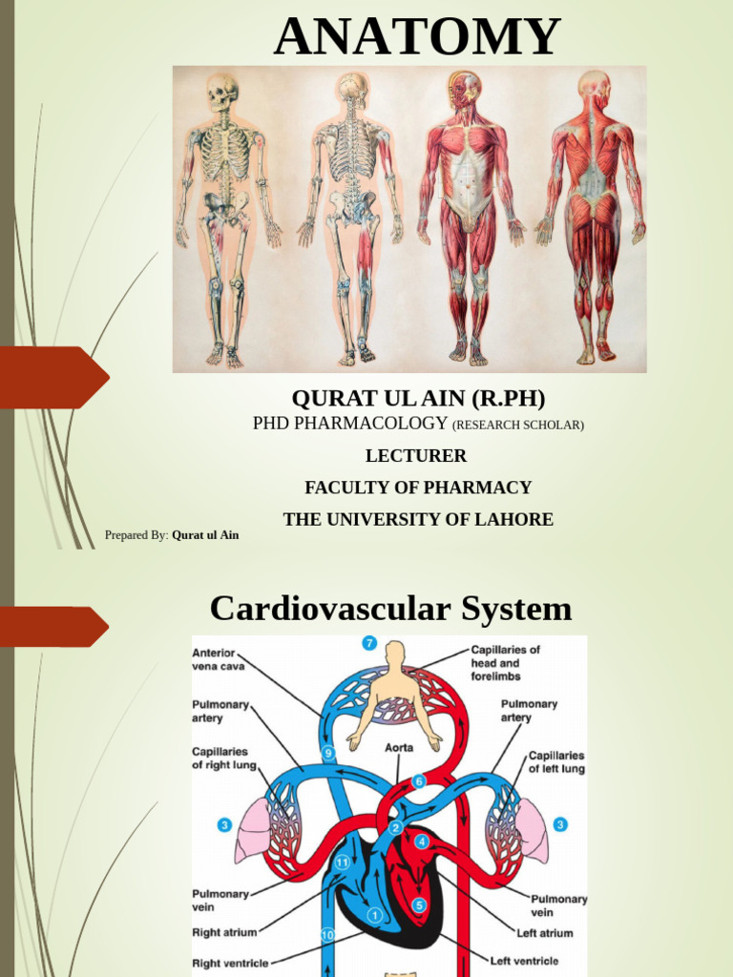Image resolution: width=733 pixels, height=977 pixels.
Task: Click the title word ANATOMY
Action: click(417, 37)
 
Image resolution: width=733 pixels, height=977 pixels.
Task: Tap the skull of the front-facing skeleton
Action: click(221, 92)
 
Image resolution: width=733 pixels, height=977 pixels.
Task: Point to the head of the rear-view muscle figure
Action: click(594, 87)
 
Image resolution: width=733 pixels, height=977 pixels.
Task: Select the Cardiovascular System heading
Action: click(390, 608)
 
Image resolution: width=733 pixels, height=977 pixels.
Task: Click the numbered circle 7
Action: click(369, 644)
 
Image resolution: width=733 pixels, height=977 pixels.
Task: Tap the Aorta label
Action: click(399, 748)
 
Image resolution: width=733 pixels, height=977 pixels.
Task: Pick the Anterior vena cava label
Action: click(214, 659)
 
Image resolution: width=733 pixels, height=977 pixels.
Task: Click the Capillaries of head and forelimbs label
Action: click(504, 663)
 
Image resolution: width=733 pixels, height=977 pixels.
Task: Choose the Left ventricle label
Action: click(524, 961)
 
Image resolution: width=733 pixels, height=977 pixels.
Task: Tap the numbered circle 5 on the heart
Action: click(419, 904)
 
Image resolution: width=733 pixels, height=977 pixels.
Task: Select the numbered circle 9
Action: click(328, 753)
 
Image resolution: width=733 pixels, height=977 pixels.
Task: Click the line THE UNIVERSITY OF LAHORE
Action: click(418, 520)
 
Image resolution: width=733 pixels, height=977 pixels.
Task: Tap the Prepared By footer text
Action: click(172, 535)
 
